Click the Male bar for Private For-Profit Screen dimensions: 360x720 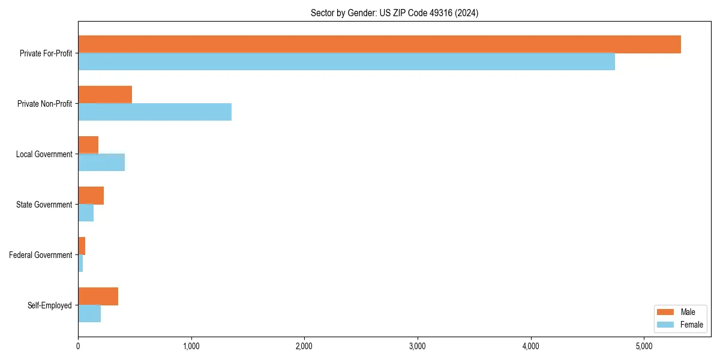pos(379,44)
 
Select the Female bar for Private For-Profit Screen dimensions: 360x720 pos(346,62)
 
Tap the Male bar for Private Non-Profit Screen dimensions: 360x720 pos(105,95)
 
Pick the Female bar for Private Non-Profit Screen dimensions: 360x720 pos(155,112)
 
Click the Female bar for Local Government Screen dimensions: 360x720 pos(101,163)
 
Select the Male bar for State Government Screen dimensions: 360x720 pos(91,196)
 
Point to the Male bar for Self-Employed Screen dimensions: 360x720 pos(98,296)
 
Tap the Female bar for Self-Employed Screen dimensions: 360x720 pos(89,314)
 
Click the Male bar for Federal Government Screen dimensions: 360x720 pos(82,246)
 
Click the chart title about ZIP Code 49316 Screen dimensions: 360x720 pos(394,13)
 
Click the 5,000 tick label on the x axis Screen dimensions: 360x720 pos(644,346)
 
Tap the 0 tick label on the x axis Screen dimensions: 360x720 pos(78,346)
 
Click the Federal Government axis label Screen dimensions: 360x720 pos(41,255)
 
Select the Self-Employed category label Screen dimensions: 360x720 pos(50,305)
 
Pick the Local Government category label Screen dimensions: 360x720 pos(44,154)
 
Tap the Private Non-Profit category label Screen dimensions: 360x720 pos(44,104)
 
